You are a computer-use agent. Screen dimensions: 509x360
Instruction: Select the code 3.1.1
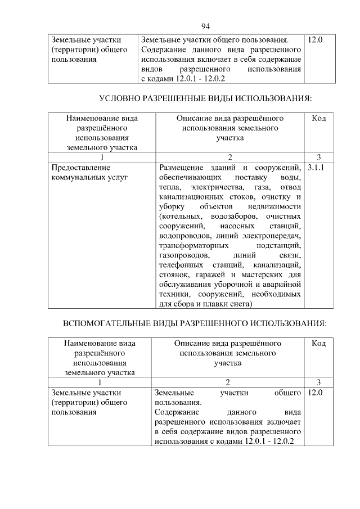pyautogui.click(x=316, y=168)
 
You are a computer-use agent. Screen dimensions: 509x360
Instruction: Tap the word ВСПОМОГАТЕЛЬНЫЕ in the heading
pyautogui.click(x=113, y=325)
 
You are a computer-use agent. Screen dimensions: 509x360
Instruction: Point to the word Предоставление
pyautogui.click(x=80, y=168)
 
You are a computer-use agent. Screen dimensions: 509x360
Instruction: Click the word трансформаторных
pyautogui.click(x=193, y=246)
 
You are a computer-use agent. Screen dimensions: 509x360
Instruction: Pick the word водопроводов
pyautogui.click(x=184, y=236)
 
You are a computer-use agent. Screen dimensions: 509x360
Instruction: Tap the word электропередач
pyautogui.click(x=274, y=236)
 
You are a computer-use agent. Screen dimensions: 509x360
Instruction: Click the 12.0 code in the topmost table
pyautogui.click(x=315, y=40)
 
